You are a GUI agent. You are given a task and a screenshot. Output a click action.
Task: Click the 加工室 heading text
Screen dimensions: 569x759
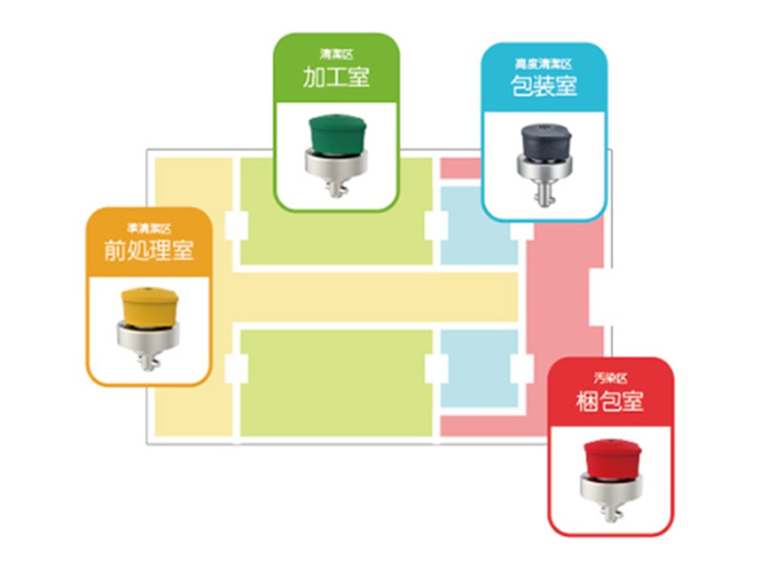click(x=336, y=77)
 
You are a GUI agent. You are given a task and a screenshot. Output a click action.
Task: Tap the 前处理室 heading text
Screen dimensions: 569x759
click(x=149, y=250)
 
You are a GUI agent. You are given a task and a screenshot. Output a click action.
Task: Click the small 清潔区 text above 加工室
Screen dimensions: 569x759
click(x=336, y=55)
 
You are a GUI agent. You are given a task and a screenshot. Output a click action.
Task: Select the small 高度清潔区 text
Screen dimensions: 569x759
click(x=544, y=63)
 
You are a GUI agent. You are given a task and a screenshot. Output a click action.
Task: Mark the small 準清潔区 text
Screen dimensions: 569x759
click(x=149, y=228)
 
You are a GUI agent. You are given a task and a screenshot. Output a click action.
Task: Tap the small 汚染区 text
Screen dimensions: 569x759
click(x=610, y=378)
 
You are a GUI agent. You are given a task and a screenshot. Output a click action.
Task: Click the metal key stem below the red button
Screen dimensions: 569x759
click(x=610, y=511)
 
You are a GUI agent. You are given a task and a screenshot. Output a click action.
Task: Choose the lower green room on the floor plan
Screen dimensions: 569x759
click(x=336, y=383)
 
